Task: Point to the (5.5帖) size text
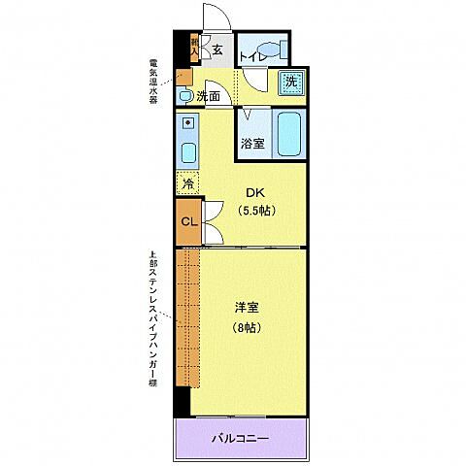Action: click(254, 210)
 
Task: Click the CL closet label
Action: click(188, 221)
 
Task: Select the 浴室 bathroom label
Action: click(252, 144)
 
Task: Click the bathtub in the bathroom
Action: click(289, 133)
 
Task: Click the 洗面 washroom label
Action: click(208, 96)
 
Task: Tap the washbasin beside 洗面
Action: click(184, 95)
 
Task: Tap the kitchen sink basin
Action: click(187, 151)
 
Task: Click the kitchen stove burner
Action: click(186, 123)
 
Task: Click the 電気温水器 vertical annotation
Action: click(153, 83)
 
